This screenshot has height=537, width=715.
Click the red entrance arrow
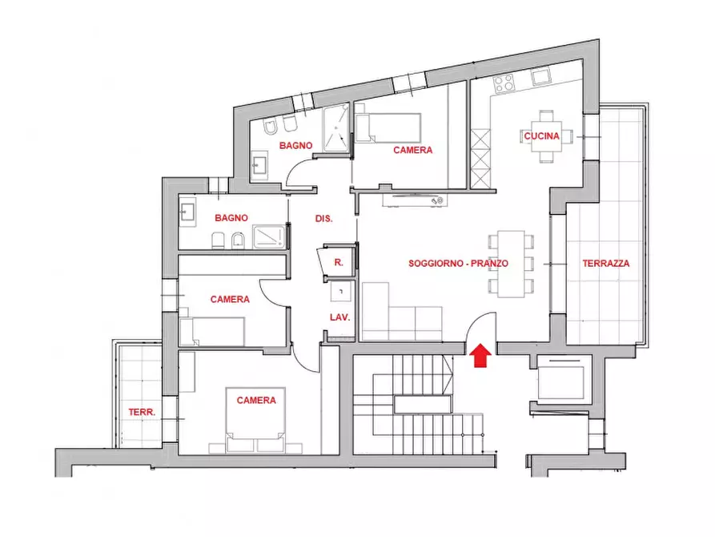[x=480, y=355]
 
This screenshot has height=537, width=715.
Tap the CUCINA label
[x=541, y=135]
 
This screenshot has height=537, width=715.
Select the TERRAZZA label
[x=605, y=263]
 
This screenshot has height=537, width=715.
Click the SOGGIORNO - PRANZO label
[x=458, y=263]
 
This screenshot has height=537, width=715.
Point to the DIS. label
[x=323, y=219]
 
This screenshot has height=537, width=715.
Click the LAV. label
[x=339, y=317]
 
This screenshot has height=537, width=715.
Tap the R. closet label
[x=339, y=263]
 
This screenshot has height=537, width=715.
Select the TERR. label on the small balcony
[x=142, y=412]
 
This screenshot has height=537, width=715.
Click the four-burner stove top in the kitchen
[x=504, y=83]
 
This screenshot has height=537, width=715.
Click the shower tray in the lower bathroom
[x=268, y=237]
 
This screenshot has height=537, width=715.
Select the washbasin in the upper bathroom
[x=260, y=163]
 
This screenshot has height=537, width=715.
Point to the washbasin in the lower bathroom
[x=187, y=212]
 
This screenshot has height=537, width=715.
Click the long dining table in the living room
[x=511, y=264]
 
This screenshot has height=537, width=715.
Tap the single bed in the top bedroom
[x=388, y=128]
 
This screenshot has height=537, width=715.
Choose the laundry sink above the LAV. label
[x=340, y=291]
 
